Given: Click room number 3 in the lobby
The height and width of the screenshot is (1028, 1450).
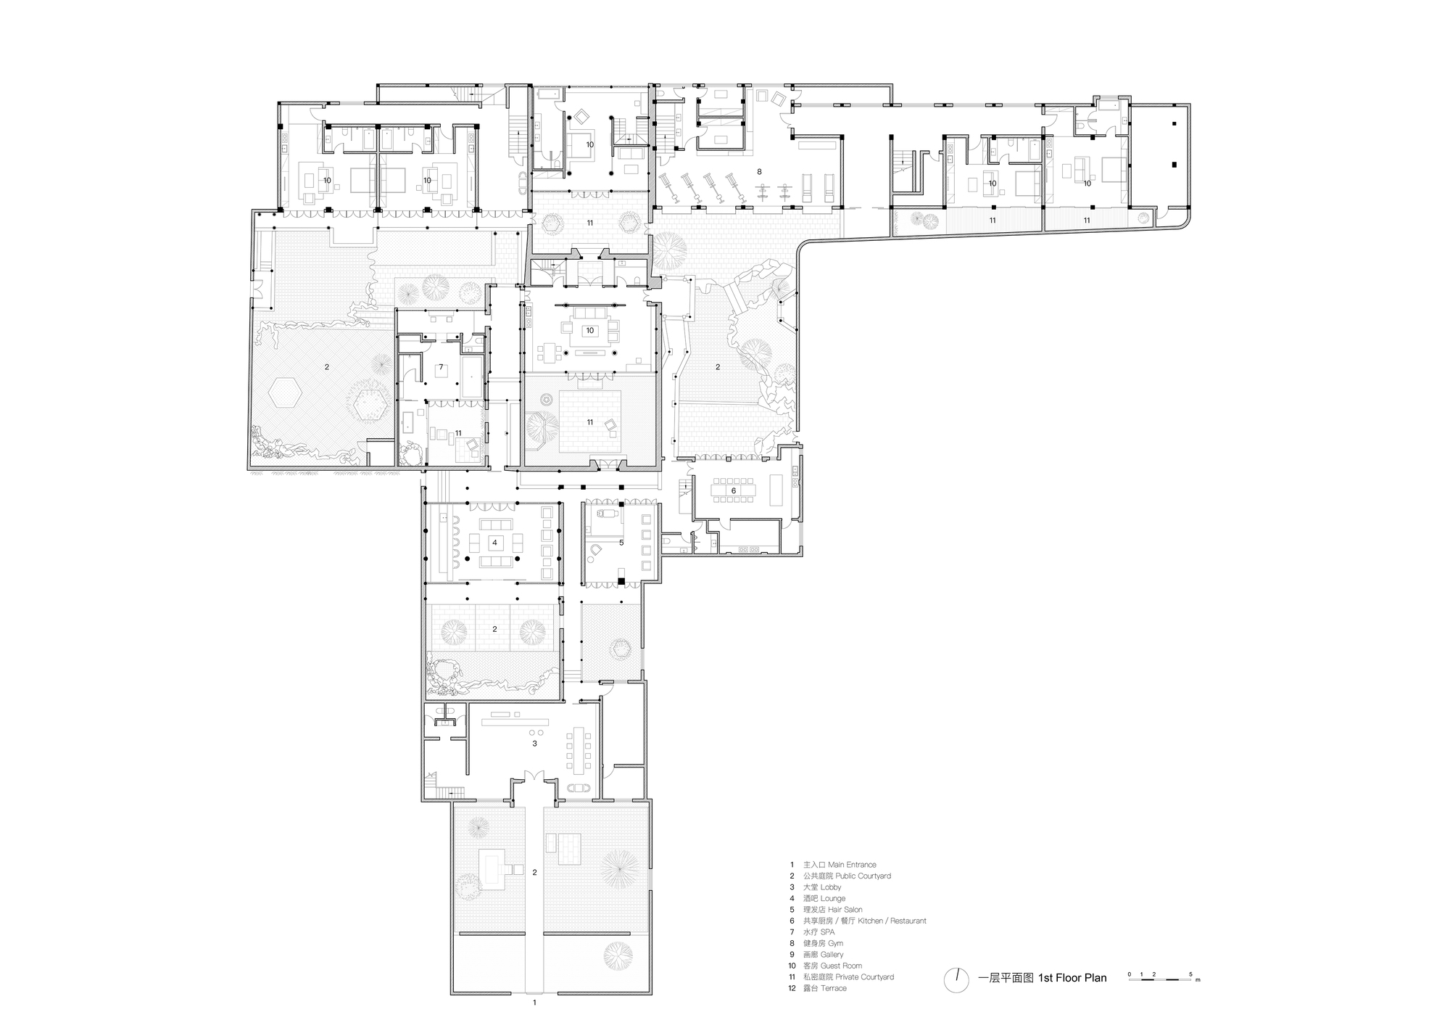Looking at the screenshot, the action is point(534,744).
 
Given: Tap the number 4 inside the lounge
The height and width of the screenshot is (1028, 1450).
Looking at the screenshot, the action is point(494,543).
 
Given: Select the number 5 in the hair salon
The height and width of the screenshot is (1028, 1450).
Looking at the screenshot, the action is point(621,543).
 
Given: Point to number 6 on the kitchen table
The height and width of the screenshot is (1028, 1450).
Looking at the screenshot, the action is point(734,491).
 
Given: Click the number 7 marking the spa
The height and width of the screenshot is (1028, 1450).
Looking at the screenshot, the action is point(441,367).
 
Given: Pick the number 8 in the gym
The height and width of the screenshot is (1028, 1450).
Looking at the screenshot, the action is point(759,172).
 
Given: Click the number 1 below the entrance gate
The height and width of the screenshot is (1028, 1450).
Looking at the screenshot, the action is point(534,1003).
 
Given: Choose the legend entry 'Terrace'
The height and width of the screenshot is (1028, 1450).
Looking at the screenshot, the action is point(834,988).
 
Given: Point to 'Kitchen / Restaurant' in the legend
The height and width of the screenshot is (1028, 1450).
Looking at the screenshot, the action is point(892,921).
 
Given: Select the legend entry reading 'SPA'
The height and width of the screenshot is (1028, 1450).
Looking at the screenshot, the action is point(828,932).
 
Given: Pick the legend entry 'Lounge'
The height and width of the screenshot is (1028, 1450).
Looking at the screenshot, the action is point(833,898).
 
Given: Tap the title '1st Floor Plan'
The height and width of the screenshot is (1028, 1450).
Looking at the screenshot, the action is point(1072,978).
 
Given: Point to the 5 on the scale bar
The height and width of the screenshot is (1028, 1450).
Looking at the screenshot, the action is point(1190,974).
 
